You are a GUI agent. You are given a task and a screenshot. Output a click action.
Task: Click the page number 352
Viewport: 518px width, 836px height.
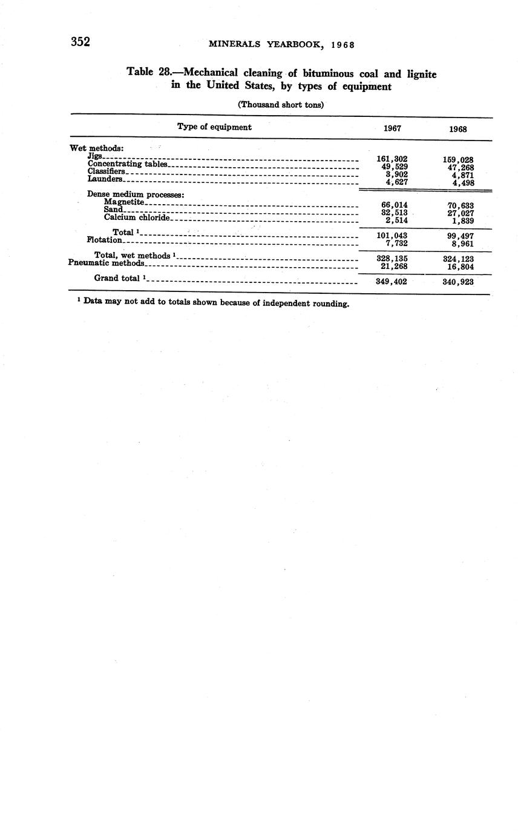point(80,42)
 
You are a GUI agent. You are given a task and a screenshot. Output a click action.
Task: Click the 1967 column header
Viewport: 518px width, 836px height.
point(392,128)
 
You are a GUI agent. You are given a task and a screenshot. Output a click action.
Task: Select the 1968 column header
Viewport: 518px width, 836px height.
point(457,129)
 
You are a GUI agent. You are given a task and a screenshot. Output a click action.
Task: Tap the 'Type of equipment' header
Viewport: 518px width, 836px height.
point(214,127)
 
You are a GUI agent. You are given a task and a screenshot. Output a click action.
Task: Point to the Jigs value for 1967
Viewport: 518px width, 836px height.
point(392,159)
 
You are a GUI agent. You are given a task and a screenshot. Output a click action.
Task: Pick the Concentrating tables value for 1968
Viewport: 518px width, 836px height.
point(458,168)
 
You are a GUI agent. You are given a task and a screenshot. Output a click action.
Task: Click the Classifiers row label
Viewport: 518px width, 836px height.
point(106,171)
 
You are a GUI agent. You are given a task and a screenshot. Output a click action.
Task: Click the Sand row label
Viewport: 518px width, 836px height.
point(113,210)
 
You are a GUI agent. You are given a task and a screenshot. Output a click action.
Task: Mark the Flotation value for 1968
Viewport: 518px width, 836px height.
point(462,244)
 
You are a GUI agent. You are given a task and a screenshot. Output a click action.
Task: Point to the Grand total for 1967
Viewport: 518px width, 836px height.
point(392,282)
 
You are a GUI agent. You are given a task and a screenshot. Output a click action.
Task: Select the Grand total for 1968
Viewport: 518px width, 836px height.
point(458,282)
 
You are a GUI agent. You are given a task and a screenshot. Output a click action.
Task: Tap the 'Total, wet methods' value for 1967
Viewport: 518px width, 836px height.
point(392,259)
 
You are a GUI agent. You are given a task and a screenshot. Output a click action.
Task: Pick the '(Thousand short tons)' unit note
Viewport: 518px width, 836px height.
point(281,104)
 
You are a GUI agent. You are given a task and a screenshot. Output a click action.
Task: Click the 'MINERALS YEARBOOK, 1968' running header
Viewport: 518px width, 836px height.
point(281,44)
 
